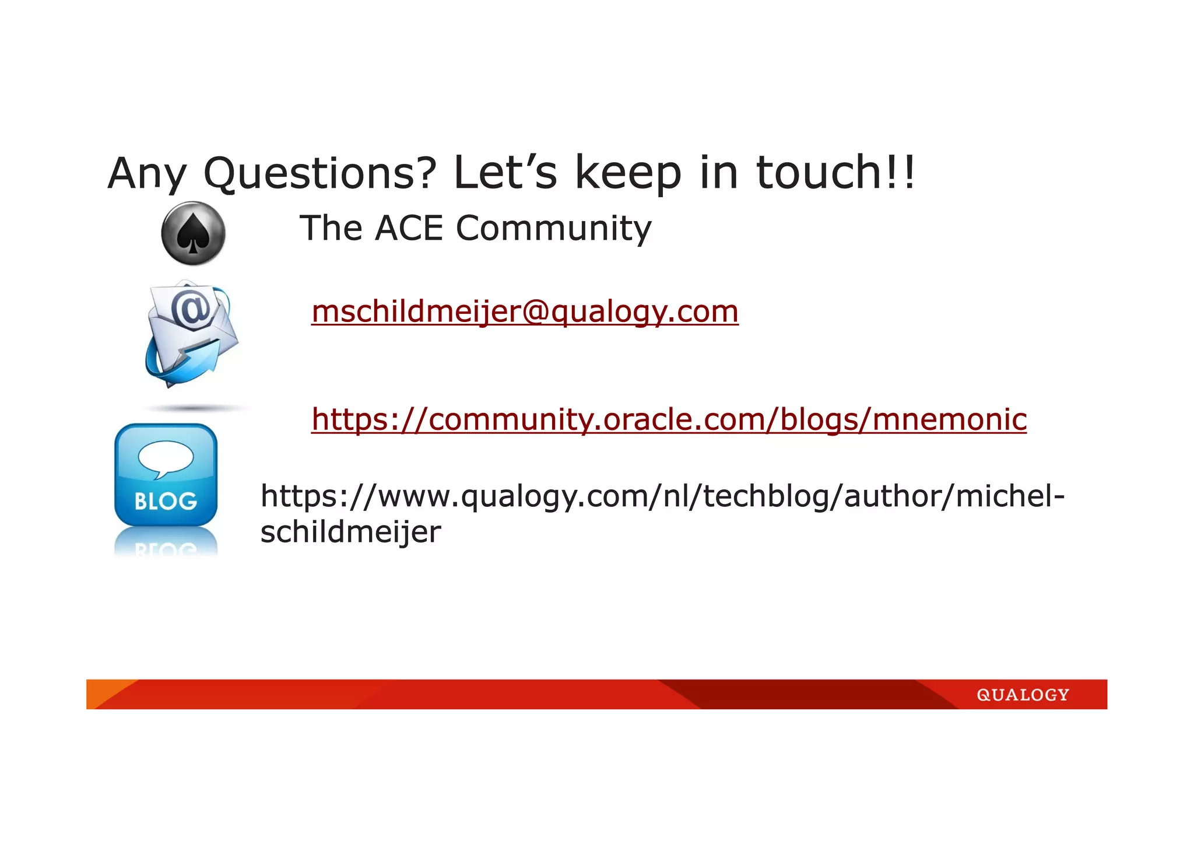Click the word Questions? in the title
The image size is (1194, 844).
(319, 173)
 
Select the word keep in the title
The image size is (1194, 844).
(628, 173)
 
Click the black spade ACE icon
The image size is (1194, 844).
(193, 234)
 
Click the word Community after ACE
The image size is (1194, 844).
(553, 228)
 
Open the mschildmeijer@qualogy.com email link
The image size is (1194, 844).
(525, 311)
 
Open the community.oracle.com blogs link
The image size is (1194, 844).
(669, 419)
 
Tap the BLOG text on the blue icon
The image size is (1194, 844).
(166, 501)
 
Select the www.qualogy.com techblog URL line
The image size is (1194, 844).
(662, 496)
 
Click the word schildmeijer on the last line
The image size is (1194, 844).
(350, 531)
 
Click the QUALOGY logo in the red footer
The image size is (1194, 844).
(1023, 695)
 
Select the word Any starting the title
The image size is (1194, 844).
(147, 173)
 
